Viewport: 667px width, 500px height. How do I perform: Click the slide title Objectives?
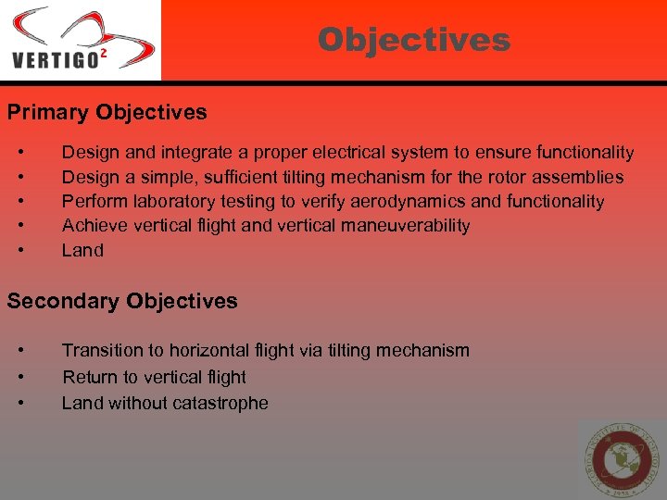(x=413, y=40)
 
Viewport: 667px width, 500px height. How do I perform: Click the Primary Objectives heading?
(x=107, y=113)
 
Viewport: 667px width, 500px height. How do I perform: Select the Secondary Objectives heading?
(x=122, y=301)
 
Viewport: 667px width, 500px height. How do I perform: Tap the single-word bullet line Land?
(x=82, y=250)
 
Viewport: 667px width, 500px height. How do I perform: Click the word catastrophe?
(x=220, y=403)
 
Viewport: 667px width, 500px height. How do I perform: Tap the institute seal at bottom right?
(x=622, y=459)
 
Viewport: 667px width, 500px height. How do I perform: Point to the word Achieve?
(x=94, y=225)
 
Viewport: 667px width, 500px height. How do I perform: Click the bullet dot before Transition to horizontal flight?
(x=20, y=350)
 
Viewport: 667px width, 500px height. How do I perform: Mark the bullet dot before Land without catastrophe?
(x=20, y=403)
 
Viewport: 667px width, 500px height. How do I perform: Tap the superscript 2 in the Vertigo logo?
(x=103, y=54)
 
